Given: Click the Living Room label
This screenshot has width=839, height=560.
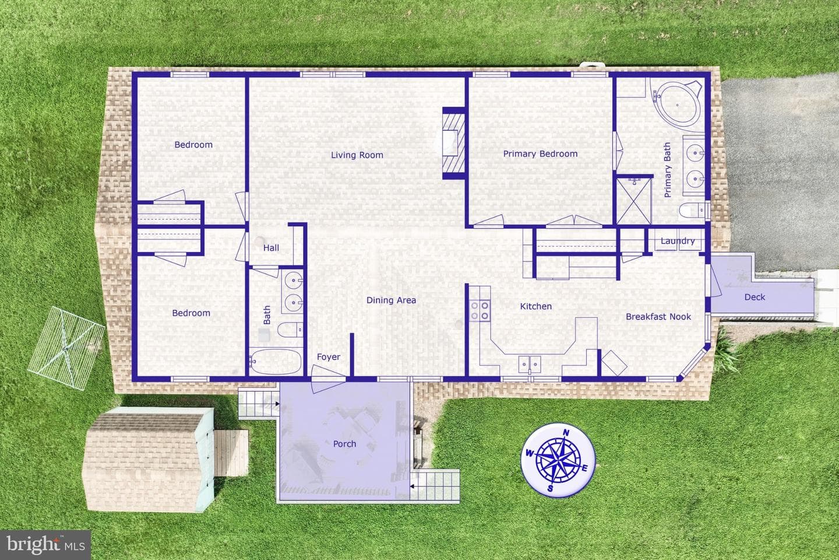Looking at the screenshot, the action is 357,155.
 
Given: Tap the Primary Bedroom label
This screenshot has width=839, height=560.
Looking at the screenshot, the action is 540,154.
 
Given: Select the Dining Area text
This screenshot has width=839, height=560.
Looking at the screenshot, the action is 391,300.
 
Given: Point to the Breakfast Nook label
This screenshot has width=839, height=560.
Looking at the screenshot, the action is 658,317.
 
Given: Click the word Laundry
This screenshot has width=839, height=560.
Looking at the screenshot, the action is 678,241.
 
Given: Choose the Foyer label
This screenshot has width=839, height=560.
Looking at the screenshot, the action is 329,356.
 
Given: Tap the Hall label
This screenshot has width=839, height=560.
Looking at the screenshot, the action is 271,247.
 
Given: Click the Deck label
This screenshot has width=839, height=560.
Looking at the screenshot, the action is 755,297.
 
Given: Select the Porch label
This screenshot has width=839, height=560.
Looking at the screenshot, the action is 344,444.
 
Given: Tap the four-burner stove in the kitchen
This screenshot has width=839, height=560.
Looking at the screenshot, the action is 480,311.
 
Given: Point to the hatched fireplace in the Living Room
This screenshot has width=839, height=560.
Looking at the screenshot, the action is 454,143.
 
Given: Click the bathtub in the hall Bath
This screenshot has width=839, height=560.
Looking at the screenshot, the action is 276,362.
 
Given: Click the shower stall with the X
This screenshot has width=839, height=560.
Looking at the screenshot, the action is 634,201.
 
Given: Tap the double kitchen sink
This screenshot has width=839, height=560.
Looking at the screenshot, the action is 530,364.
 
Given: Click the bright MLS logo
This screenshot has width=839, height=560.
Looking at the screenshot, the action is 45,545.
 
